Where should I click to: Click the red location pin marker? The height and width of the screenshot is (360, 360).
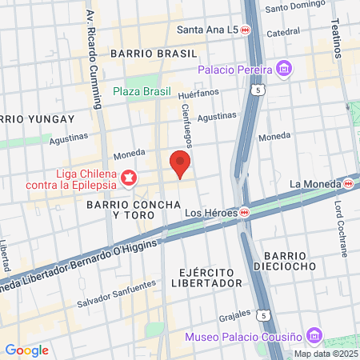click(180, 164)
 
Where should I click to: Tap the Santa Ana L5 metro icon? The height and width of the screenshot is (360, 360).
click(246, 30)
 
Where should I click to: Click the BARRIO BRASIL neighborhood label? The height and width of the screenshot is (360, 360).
click(154, 53)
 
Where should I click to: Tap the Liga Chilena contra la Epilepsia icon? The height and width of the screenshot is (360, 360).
click(128, 177)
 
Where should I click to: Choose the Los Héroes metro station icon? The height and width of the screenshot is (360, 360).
click(246, 213)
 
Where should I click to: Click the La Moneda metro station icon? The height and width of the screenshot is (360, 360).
click(349, 184)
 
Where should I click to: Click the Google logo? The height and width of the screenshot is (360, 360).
click(26, 350)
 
